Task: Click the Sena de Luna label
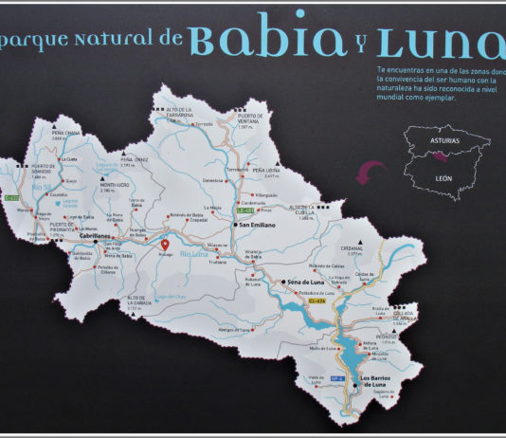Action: pyautogui.click(x=308, y=283)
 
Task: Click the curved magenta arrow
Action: pyautogui.click(x=367, y=171)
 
